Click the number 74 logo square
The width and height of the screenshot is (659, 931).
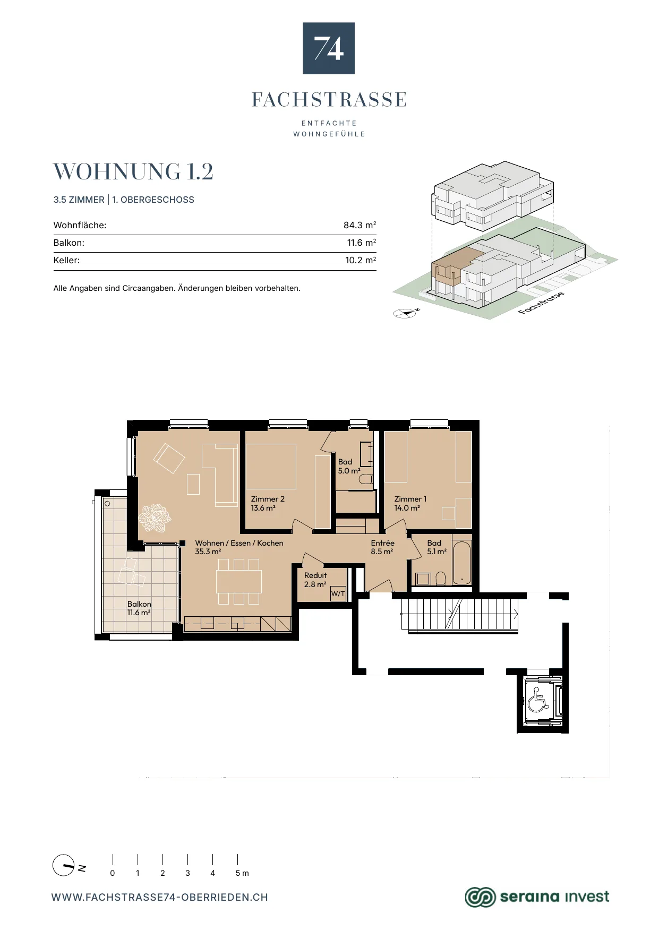coord(329,48)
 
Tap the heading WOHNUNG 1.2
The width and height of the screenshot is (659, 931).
coord(133,171)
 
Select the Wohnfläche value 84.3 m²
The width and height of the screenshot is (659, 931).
coord(360,225)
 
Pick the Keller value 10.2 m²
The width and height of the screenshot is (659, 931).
coord(361,260)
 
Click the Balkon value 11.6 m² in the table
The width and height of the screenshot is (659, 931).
coord(362,243)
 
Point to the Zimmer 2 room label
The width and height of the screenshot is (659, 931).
coord(268,503)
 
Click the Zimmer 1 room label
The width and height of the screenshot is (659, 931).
coord(410,503)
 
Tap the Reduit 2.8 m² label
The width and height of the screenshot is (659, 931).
coord(315,580)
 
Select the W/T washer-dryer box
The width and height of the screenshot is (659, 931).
coord(338,593)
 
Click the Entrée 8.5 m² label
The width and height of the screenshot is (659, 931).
coord(382,547)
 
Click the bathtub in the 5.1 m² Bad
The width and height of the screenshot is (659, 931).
coord(462,563)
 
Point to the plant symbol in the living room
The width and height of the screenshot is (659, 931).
coord(155,518)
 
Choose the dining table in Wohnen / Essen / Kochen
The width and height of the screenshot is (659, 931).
coord(239,581)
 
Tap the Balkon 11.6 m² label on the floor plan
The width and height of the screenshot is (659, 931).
coord(139,608)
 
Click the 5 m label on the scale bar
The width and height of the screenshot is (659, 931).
coord(242,873)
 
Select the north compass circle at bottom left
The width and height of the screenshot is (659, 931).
coord(63,865)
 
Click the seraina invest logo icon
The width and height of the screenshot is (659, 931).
coord(480,897)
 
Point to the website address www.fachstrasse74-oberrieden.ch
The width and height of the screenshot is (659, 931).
coord(160,898)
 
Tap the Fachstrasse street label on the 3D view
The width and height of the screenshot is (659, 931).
coord(541,303)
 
